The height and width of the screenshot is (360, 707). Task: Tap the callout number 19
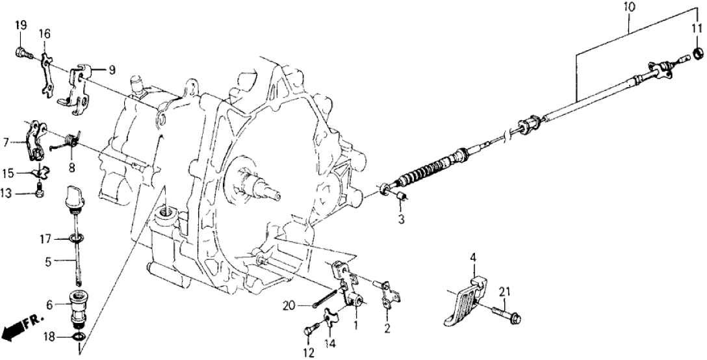click(21, 26)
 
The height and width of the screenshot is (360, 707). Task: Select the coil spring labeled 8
click(71, 140)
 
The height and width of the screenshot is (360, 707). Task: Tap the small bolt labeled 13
click(40, 191)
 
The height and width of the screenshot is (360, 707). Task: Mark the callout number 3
click(401, 220)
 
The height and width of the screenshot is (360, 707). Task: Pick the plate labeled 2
click(386, 293)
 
